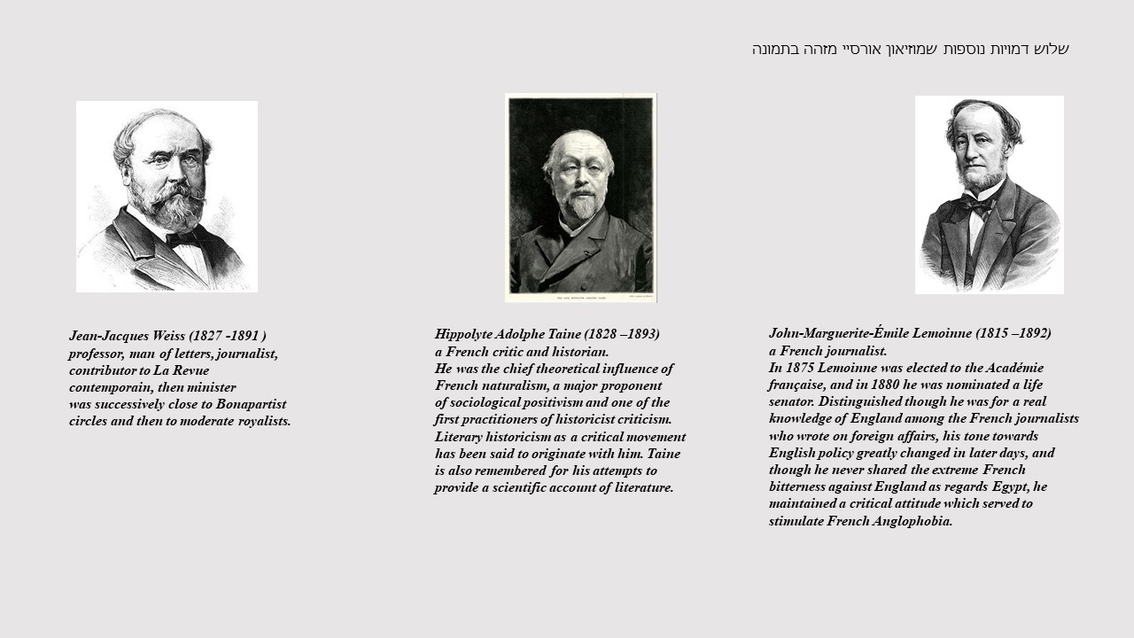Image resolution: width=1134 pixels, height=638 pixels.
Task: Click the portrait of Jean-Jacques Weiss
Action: coord(167,196)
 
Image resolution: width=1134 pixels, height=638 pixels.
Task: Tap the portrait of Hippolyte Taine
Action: coord(580,197)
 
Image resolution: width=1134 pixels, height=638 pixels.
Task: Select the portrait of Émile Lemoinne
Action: coord(989,194)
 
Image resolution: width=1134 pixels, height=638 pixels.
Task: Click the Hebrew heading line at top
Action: coord(910,49)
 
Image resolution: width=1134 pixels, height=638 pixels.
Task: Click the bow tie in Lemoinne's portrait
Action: coord(978,206)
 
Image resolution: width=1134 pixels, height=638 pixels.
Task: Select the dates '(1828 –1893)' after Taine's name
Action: coord(621,334)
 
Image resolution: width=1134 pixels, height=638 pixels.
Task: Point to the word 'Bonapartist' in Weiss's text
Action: coord(251,404)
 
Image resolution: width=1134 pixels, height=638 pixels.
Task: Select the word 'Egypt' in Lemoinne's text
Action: coord(1009,486)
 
